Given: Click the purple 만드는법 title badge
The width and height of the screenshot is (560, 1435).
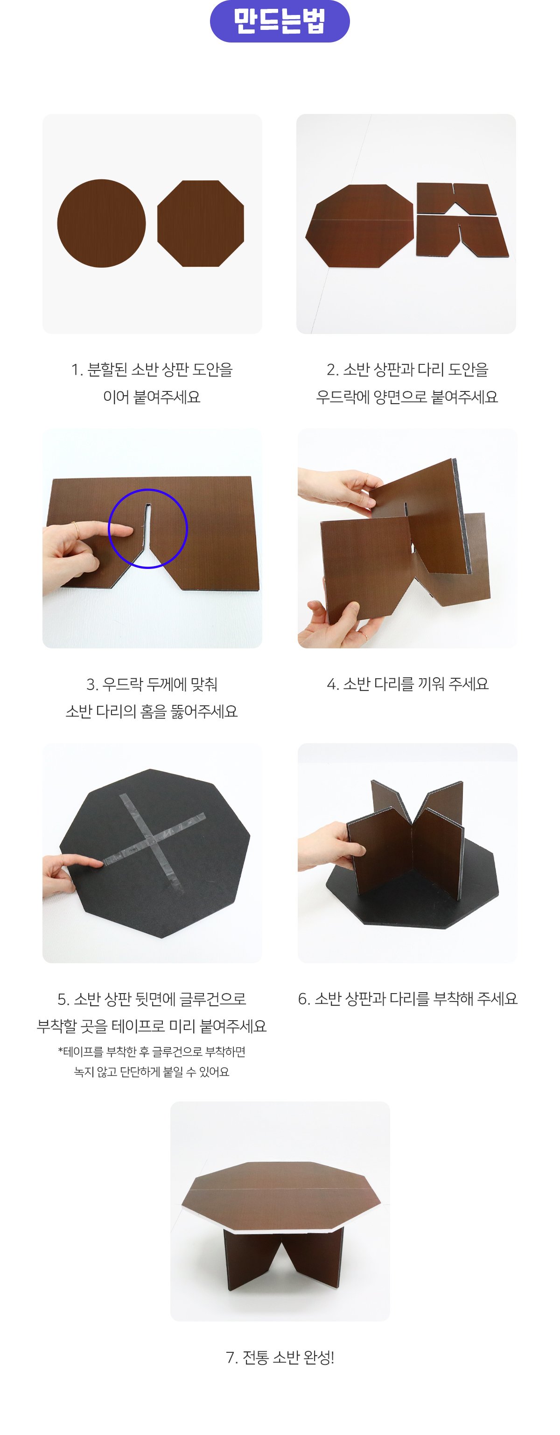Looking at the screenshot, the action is [280, 21].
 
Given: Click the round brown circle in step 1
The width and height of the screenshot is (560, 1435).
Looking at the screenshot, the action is [101, 223].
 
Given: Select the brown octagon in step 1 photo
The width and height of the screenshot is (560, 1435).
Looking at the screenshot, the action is [200, 223].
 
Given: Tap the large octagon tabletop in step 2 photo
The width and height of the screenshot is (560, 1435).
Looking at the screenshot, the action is [360, 226].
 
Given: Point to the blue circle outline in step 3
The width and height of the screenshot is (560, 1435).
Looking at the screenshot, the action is [147, 489].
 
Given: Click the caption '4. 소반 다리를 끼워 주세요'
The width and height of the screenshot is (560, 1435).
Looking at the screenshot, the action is [407, 683].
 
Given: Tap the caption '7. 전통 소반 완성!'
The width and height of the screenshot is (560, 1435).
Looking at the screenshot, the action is [280, 1357].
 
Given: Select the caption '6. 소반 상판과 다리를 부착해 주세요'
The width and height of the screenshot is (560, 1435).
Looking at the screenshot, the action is [407, 998].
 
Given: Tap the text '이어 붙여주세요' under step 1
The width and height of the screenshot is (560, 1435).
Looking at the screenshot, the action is [151, 397].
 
